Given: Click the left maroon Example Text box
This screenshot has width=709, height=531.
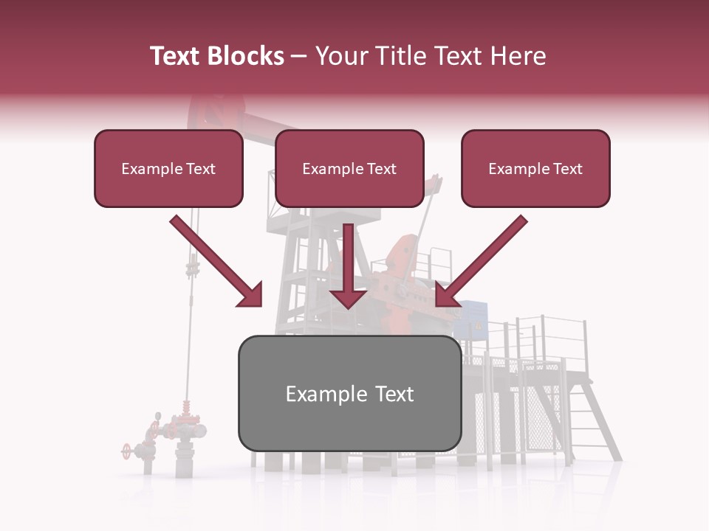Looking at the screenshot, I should pos(168,169).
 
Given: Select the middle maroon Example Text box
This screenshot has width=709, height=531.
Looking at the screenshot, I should pos(349,169).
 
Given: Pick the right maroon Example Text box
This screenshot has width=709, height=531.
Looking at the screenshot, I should pos(535,169).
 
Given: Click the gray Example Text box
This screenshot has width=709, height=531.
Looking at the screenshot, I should pos(349,393).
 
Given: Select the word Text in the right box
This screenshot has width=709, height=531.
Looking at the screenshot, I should pos(566,169).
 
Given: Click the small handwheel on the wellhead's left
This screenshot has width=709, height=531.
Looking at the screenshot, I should pos(128,449).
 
